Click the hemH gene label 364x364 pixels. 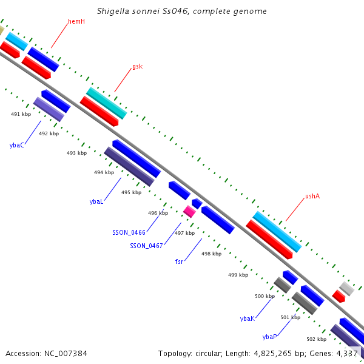76,22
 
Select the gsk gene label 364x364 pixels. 138,67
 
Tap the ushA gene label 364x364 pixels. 312,196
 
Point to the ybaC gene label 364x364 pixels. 17,146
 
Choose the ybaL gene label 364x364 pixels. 96,201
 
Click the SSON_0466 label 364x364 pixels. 129,232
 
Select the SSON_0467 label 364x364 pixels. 146,246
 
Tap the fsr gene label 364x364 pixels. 179,261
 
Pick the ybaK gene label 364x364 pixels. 248,318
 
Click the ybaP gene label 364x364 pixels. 269,337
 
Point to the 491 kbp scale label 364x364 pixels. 21,114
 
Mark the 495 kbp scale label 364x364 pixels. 132,192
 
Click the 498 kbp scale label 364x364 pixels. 212,254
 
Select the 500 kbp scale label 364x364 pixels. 265,296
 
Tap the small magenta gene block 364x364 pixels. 189,212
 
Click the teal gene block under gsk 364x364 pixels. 107,103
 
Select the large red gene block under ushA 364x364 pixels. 269,240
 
